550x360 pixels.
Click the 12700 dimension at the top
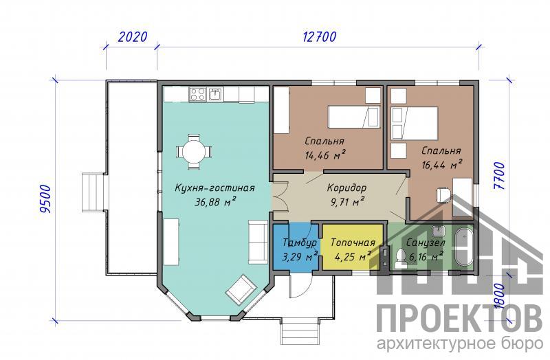(x=319, y=36)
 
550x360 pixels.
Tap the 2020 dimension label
(x=132, y=36)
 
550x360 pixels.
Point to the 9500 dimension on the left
(x=45, y=199)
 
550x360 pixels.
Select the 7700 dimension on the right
(x=499, y=176)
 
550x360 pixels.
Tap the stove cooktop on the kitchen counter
(x=197, y=94)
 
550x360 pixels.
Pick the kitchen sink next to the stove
(x=214, y=94)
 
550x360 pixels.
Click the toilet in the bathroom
(x=399, y=258)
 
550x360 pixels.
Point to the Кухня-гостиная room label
(x=214, y=188)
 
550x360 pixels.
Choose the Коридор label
(x=346, y=188)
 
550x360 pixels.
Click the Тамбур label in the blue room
(x=300, y=243)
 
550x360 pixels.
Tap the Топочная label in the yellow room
(x=353, y=243)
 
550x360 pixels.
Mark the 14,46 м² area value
(x=325, y=155)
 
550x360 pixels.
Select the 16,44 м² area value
(x=441, y=164)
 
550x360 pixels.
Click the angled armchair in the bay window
(x=241, y=289)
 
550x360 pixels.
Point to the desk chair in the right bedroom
(x=443, y=195)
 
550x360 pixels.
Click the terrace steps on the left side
(x=93, y=192)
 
